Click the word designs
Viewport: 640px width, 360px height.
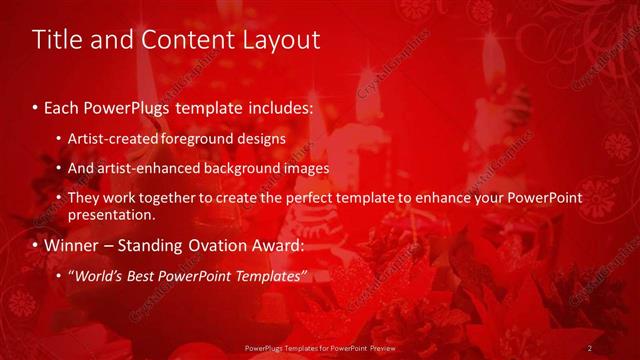[263, 138]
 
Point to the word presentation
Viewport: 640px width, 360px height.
[111, 214]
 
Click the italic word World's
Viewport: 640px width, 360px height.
[98, 276]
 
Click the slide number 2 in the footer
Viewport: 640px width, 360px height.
[590, 347]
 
